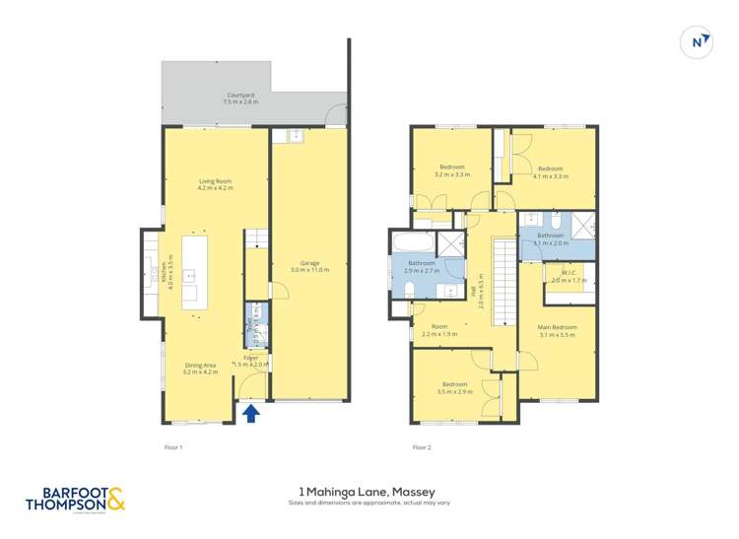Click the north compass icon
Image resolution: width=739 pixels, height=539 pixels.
[698, 41]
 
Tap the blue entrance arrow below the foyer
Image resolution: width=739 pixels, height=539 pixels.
[251, 413]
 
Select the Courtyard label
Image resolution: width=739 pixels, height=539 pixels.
[240, 99]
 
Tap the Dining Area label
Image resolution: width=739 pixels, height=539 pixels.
[199, 370]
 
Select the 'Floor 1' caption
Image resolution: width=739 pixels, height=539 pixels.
[173, 447]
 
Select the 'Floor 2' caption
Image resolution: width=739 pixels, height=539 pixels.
[422, 447]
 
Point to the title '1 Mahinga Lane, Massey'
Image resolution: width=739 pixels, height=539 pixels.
[368, 491]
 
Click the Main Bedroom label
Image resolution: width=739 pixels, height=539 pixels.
[558, 330]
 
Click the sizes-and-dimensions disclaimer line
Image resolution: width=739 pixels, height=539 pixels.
[368, 503]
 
